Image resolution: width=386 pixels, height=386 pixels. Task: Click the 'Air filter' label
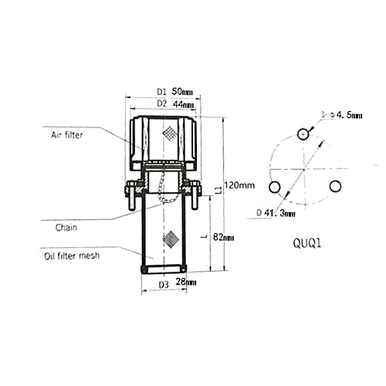coord(67,135)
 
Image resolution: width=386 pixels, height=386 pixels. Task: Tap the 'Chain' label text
coord(66,228)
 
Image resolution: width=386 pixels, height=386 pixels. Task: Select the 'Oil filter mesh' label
coord(72,256)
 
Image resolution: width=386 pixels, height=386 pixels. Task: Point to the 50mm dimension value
coord(182,91)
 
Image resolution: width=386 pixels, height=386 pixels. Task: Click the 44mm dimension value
coord(183,104)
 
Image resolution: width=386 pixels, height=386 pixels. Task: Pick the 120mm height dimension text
coord(239,185)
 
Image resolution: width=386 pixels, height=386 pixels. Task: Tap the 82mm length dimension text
coord(224,237)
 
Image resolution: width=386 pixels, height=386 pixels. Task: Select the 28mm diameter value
coord(186,282)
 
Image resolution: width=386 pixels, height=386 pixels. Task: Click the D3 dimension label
coord(164,285)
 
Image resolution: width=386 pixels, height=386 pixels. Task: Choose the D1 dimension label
coord(162,92)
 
